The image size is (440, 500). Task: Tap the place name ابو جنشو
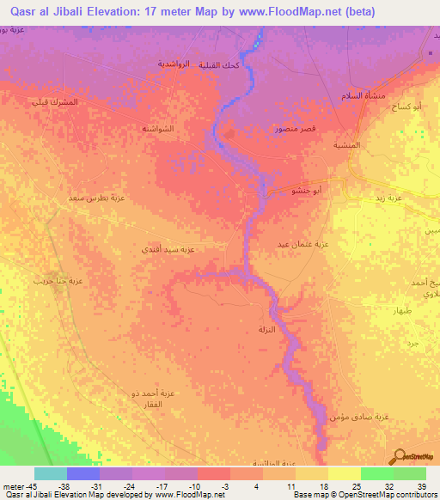(x=307, y=189)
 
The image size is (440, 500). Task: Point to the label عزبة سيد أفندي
(x=172, y=250)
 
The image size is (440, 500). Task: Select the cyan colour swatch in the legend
(x=50, y=473)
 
